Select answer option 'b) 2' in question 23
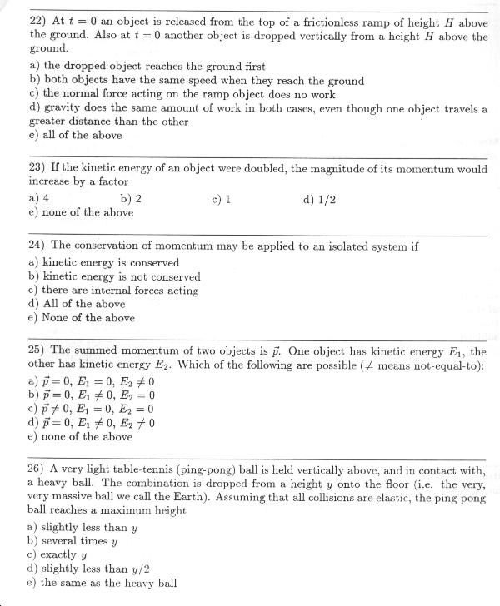coord(131,199)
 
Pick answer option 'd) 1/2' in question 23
coord(320,199)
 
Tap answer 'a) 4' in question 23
coord(38,199)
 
